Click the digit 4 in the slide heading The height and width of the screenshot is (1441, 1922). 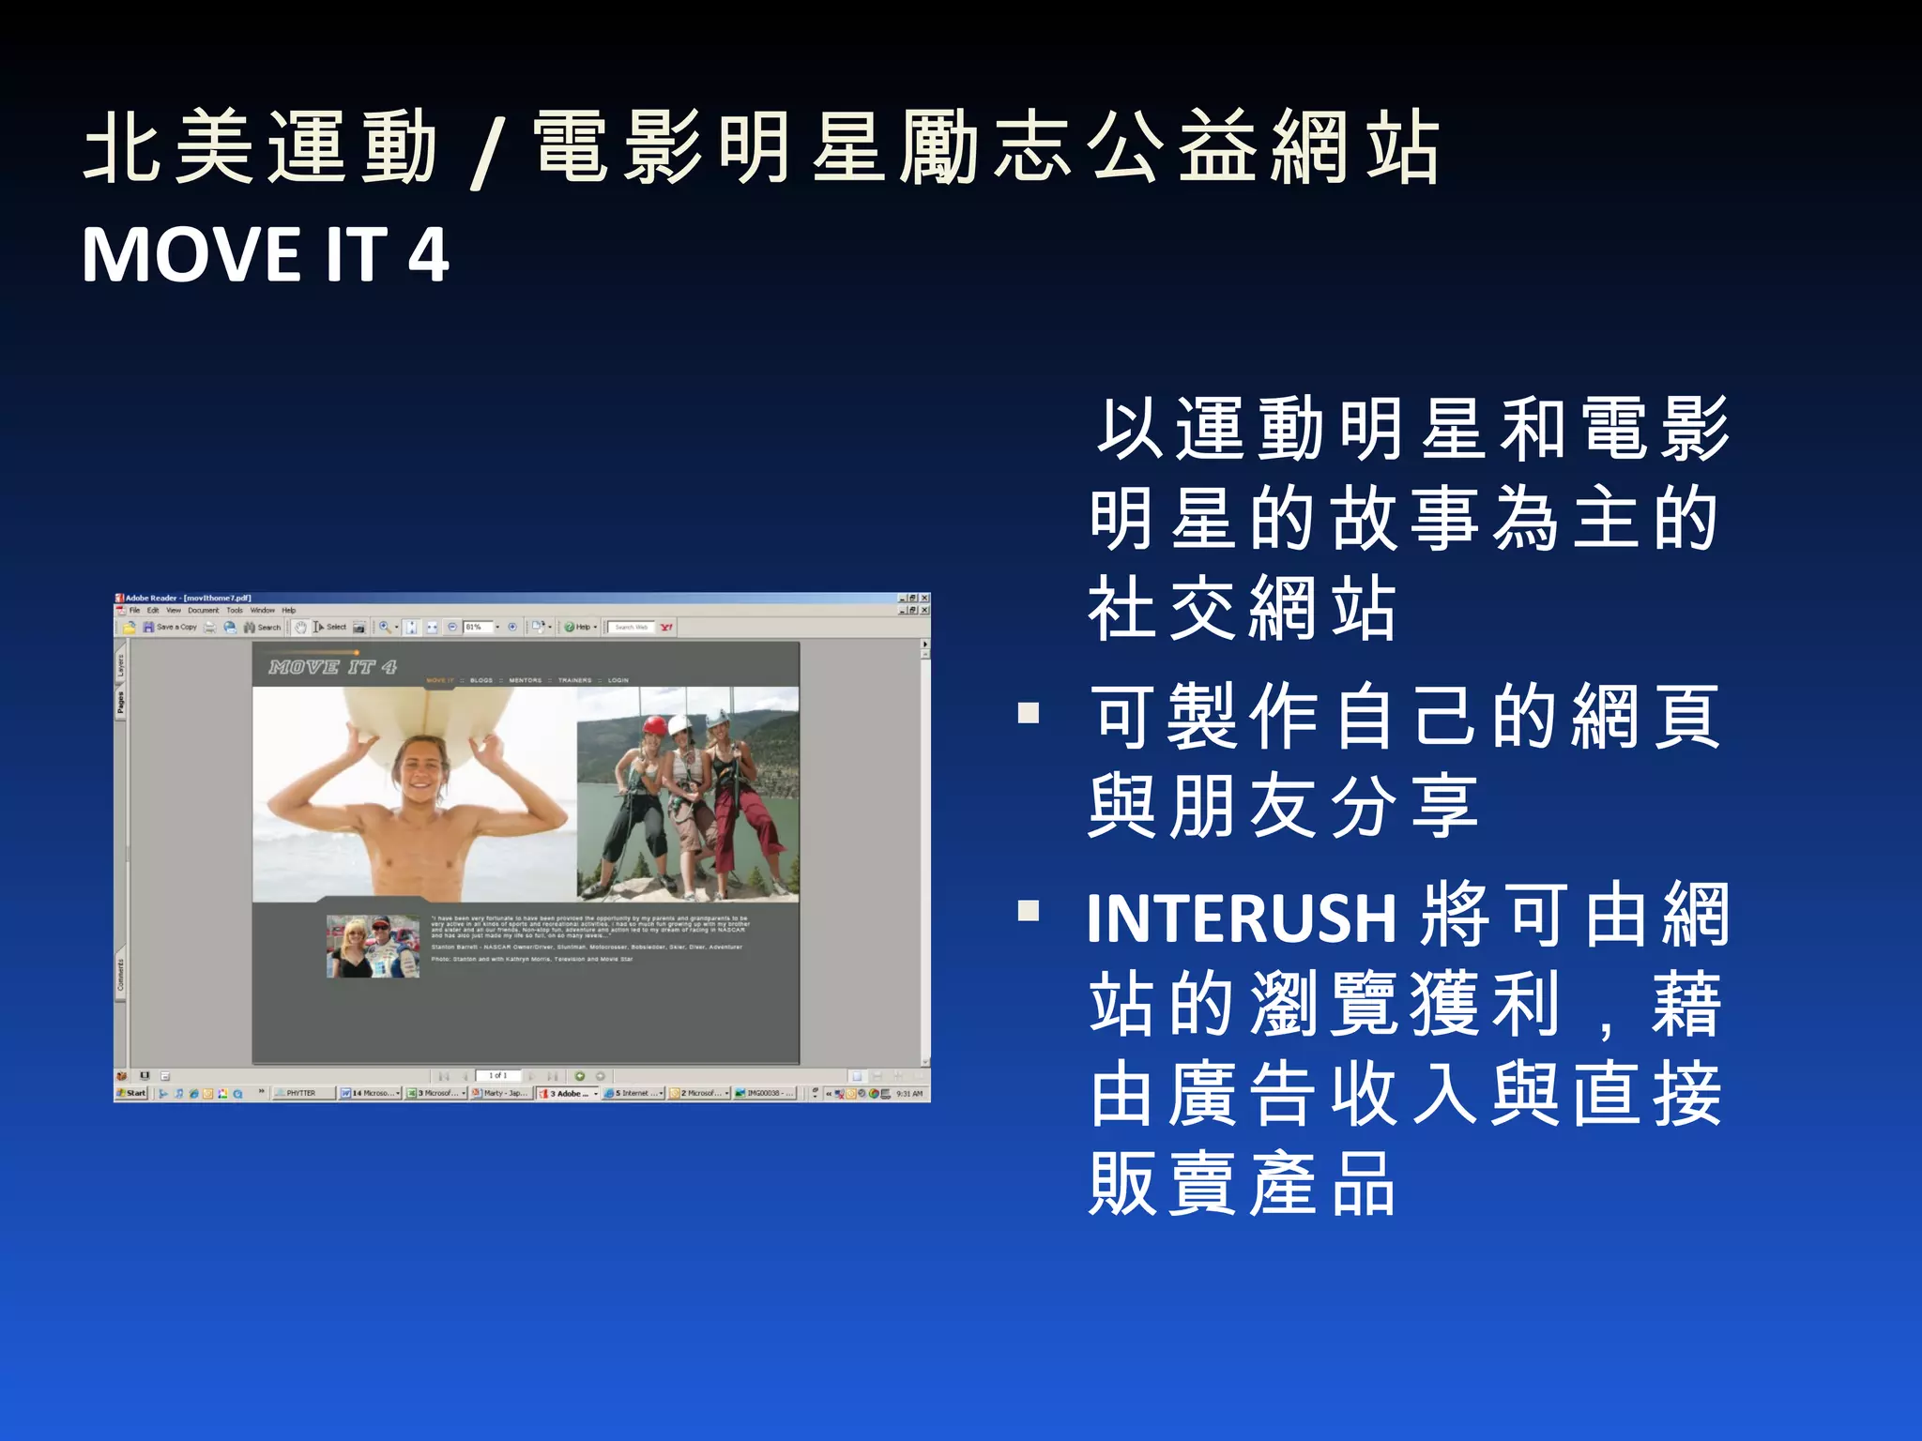click(428, 255)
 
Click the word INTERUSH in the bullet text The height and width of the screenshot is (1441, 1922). click(1242, 918)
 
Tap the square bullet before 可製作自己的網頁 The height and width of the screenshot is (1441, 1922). click(1029, 714)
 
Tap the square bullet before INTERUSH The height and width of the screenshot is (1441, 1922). click(1029, 911)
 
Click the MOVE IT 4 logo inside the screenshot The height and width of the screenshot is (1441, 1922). click(332, 667)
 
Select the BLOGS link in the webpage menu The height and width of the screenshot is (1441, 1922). click(481, 680)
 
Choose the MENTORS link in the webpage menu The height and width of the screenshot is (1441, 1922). click(526, 680)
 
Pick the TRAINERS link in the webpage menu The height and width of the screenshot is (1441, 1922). click(574, 680)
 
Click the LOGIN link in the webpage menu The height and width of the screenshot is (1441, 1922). click(618, 680)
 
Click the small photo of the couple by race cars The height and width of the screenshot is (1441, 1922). click(373, 947)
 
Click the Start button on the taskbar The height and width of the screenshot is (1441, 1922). click(132, 1093)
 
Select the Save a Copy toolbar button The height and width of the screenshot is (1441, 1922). click(171, 627)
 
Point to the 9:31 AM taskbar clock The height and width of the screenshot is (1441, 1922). click(909, 1093)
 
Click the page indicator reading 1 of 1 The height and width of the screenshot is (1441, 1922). click(497, 1075)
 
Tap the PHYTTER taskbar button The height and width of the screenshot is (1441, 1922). click(301, 1093)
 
